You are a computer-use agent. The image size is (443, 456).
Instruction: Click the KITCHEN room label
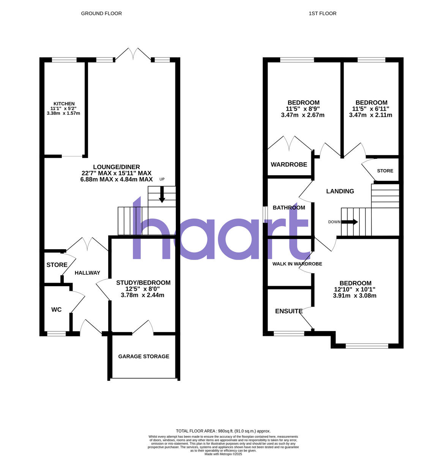pos(64,104)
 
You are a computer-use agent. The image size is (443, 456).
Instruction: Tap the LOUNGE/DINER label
pos(117,167)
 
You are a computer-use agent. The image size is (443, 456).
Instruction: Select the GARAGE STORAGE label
pos(143,356)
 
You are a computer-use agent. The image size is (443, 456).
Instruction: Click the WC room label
pos(57,310)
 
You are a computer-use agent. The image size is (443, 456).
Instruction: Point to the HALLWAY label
pos(87,272)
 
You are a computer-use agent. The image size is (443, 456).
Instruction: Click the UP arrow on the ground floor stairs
pos(162,195)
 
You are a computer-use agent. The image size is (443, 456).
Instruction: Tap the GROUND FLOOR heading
pos(101,13)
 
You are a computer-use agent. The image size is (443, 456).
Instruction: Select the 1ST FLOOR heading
pos(322,13)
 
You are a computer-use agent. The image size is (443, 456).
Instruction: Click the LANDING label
pos(340,191)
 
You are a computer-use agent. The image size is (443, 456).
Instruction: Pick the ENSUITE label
pos(289,311)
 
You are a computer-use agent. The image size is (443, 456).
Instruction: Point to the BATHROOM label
pos(289,207)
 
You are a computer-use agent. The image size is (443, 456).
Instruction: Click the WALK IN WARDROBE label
pos(297,264)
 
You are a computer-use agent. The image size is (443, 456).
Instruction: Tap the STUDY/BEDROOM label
pos(143,283)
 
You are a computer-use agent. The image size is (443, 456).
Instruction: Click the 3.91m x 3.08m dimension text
pos(355,296)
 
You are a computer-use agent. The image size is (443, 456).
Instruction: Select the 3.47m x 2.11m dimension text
pos(370,115)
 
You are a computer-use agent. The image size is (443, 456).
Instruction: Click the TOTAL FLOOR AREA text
pos(221,431)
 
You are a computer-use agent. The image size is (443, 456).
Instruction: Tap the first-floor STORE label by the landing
pos(385,171)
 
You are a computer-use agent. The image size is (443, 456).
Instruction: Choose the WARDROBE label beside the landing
pos(289,165)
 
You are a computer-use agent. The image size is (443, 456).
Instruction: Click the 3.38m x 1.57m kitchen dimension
pos(63,113)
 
